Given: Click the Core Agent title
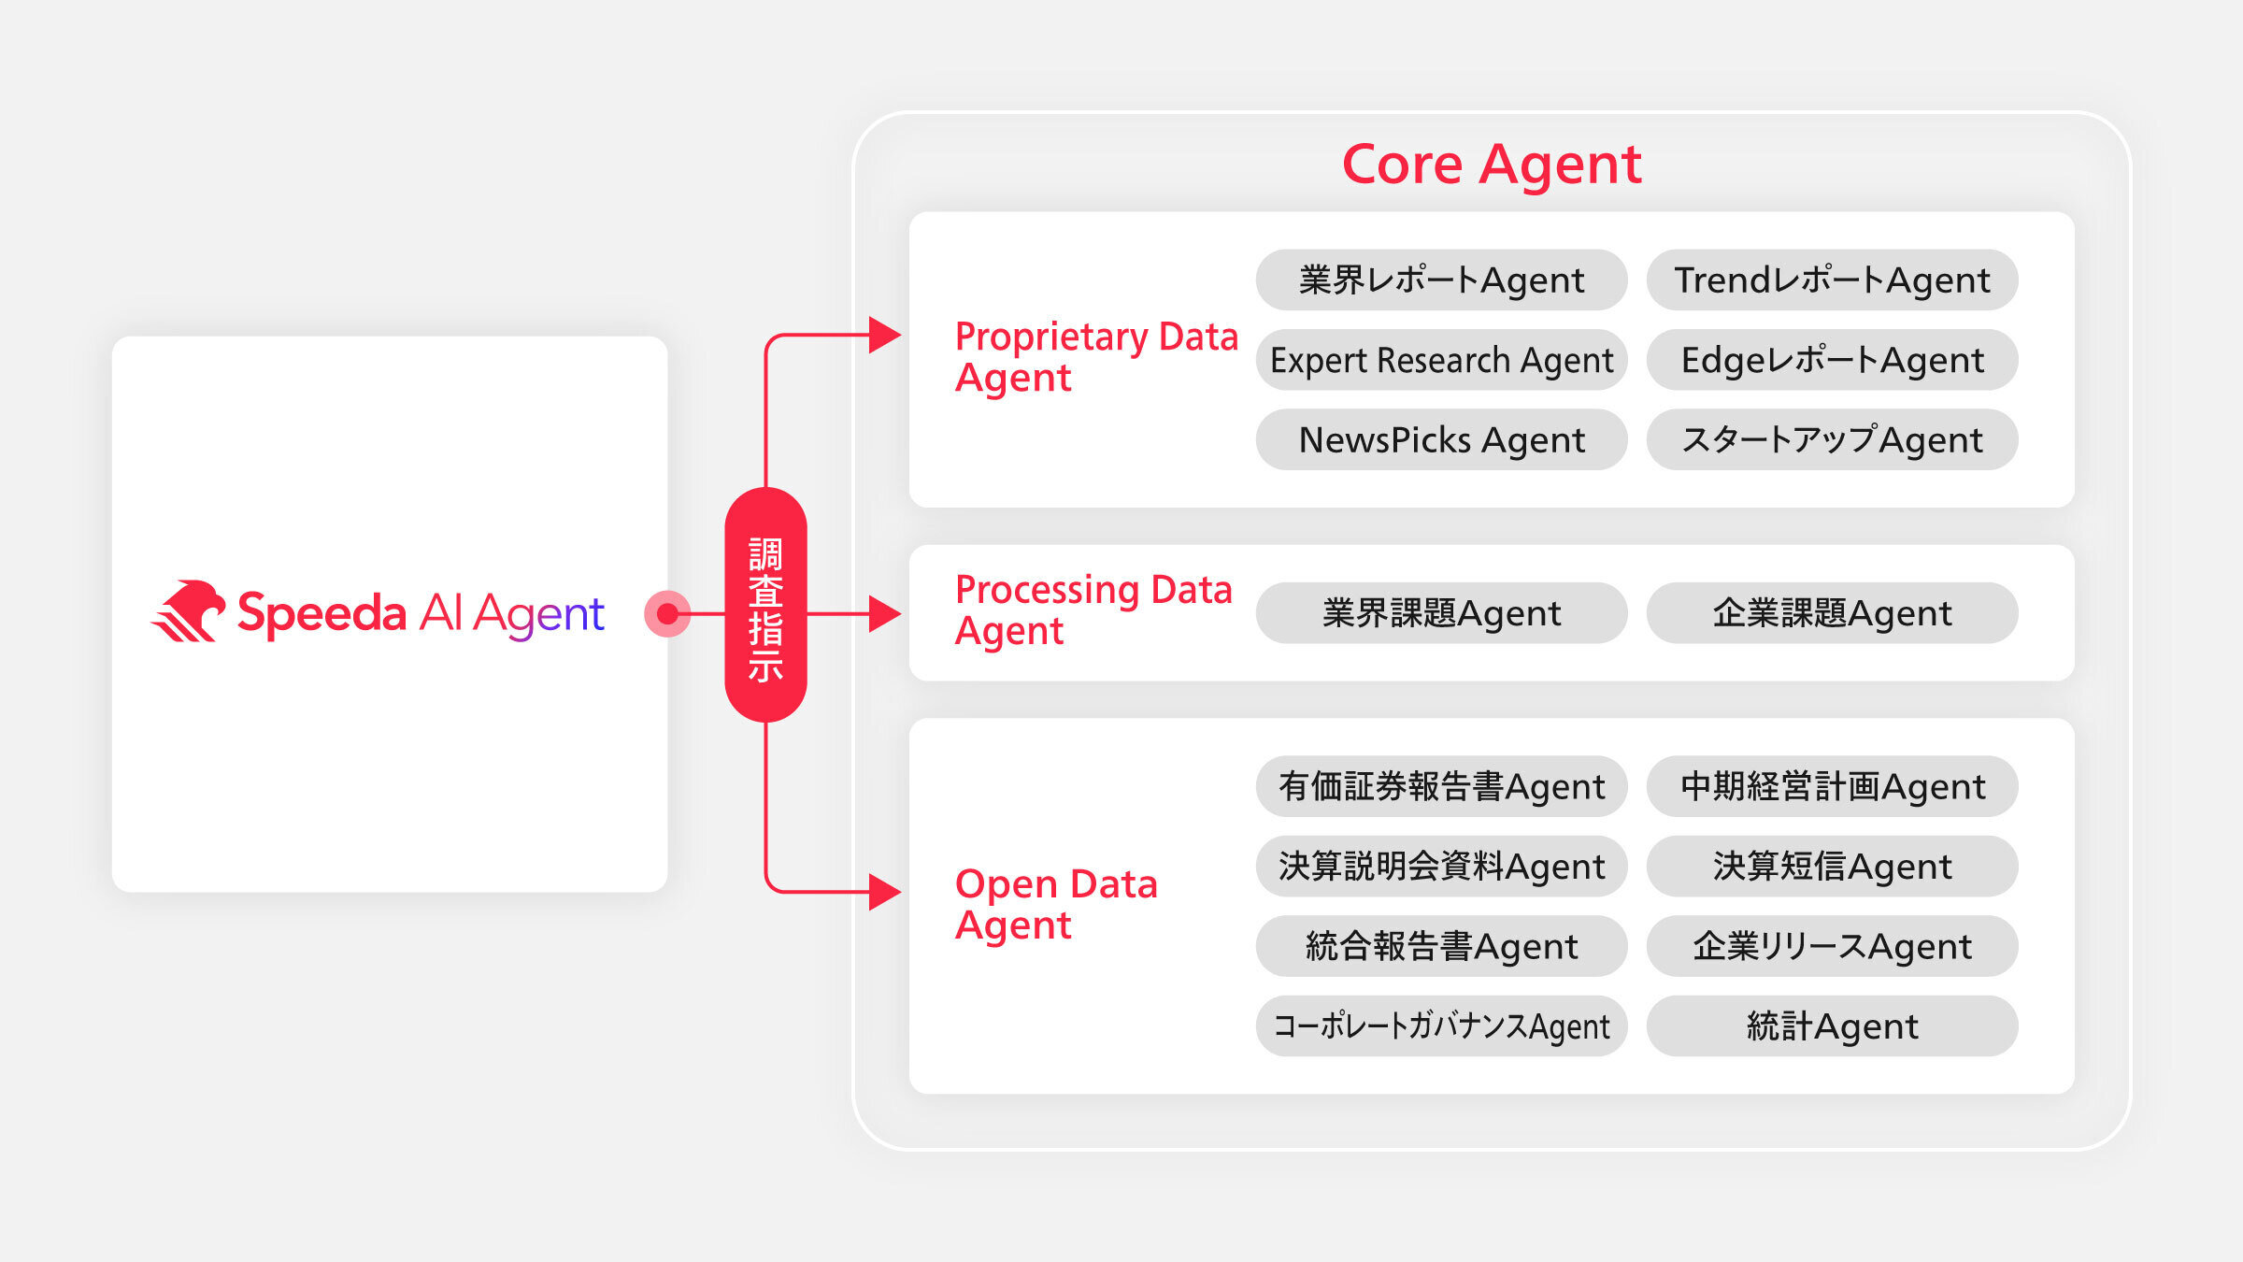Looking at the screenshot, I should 1492,165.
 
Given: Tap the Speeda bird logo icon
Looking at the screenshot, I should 189,611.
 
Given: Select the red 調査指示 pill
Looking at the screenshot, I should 765,605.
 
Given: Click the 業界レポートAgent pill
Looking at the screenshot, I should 1441,280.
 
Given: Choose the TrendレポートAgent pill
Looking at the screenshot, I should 1832,280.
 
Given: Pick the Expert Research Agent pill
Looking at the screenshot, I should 1441,360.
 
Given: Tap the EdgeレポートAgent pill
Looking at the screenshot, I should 1832,360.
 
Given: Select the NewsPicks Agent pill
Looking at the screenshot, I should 1441,439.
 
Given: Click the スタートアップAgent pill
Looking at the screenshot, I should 1832,439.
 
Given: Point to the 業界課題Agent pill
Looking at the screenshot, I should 1441,613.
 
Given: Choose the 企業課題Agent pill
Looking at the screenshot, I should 1832,613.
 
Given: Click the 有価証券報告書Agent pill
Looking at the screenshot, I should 1441,786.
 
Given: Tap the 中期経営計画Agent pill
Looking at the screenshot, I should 1832,786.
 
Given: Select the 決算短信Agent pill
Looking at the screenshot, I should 1832,867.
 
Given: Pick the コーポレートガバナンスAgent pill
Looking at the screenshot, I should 1441,1026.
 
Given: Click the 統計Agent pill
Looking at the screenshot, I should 1832,1026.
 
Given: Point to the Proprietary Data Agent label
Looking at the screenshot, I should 1095,357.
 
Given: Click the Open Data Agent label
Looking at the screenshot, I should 1056,904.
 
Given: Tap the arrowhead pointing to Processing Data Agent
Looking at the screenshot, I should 884,614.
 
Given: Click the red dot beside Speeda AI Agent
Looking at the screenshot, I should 667,614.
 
